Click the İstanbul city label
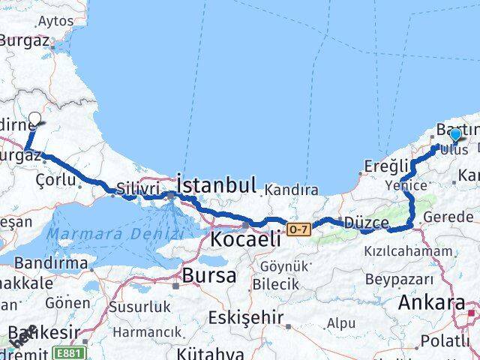(217, 184)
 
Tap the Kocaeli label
(245, 240)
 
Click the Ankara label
(432, 303)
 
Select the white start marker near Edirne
(34, 118)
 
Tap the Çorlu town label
(59, 180)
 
